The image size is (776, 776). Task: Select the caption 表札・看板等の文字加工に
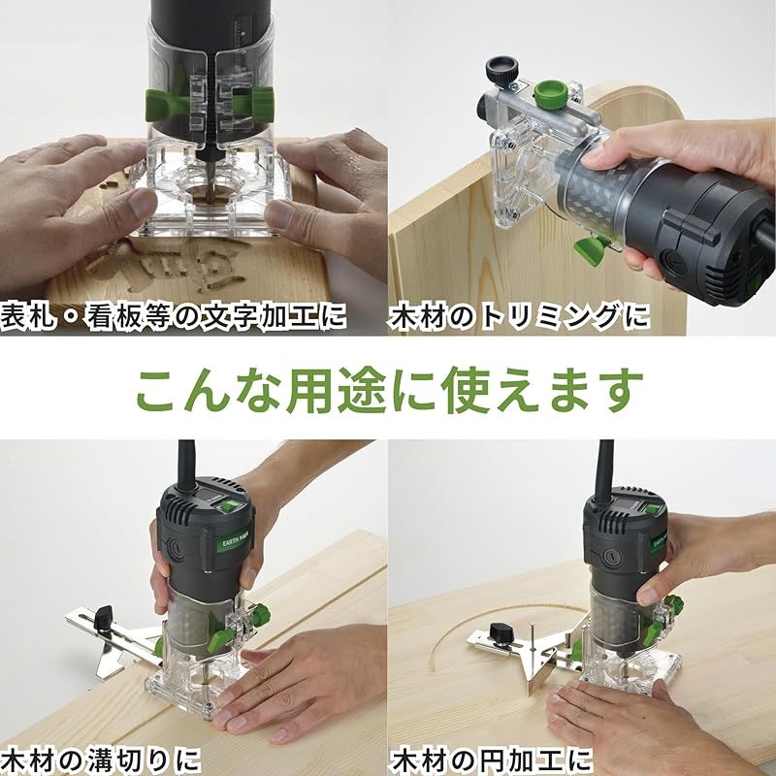tap(175, 317)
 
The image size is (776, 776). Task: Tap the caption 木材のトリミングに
tap(520, 317)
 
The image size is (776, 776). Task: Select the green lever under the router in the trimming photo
tap(593, 251)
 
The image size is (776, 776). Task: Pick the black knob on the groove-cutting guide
tap(103, 614)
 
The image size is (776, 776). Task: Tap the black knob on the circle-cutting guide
tap(501, 633)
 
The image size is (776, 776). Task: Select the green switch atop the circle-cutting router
tap(644, 505)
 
